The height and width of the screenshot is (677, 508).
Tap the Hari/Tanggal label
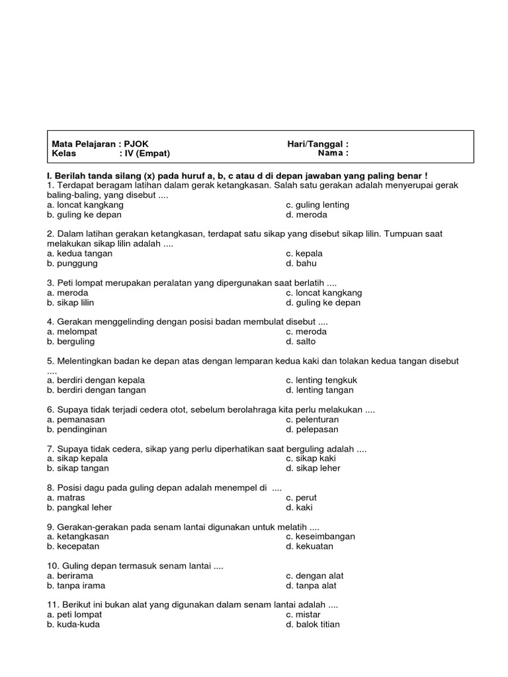317,144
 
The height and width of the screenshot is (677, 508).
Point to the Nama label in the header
333,153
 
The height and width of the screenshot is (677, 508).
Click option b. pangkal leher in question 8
79,508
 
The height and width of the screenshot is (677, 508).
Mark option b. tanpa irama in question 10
76,586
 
